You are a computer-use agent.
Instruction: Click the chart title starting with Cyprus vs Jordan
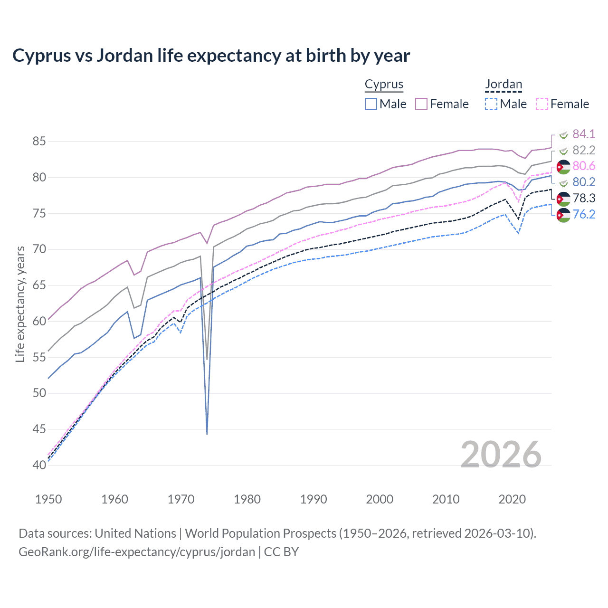(x=211, y=56)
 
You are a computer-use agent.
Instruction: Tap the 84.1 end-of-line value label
(x=584, y=134)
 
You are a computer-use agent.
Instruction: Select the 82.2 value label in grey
(x=584, y=150)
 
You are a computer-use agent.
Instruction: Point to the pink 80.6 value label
(x=584, y=166)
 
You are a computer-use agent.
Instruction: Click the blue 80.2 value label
(x=584, y=182)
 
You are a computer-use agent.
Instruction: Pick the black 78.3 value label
(x=584, y=198)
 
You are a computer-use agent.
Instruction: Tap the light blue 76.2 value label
(x=584, y=214)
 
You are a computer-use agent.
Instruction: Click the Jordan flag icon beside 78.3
(x=563, y=199)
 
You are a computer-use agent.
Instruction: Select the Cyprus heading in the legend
(x=384, y=85)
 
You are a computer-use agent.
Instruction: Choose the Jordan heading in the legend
(x=503, y=85)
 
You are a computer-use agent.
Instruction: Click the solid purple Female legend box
(x=421, y=104)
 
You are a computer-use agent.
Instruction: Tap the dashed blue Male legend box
(x=491, y=104)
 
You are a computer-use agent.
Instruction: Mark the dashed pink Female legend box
(x=542, y=104)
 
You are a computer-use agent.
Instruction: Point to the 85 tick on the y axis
(x=39, y=142)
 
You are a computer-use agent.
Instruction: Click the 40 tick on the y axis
(x=39, y=465)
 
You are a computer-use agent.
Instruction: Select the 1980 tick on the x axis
(x=247, y=499)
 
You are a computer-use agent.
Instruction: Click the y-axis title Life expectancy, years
(x=20, y=304)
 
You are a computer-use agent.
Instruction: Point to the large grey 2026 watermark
(x=501, y=455)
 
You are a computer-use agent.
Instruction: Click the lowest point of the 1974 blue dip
(x=207, y=434)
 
